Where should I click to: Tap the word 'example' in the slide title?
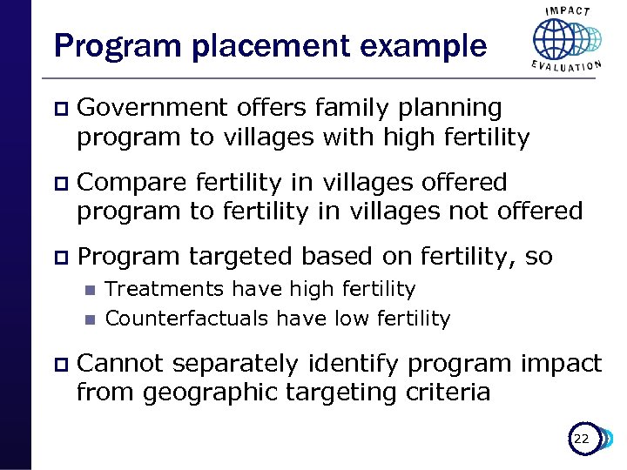[x=419, y=46]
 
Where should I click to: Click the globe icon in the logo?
[x=557, y=39]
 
